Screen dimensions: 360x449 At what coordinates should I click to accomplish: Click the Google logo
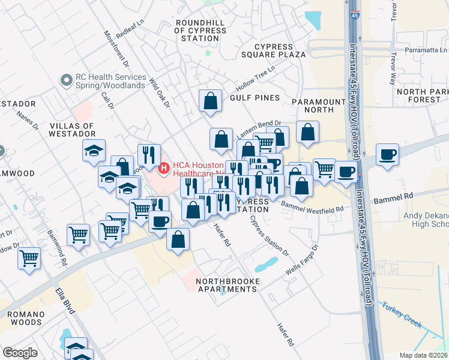(20, 353)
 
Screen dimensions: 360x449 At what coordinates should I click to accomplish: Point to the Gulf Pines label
(255, 98)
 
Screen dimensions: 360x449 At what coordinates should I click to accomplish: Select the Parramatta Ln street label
(427, 50)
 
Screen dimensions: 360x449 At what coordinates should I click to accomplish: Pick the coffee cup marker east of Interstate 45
(387, 155)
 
